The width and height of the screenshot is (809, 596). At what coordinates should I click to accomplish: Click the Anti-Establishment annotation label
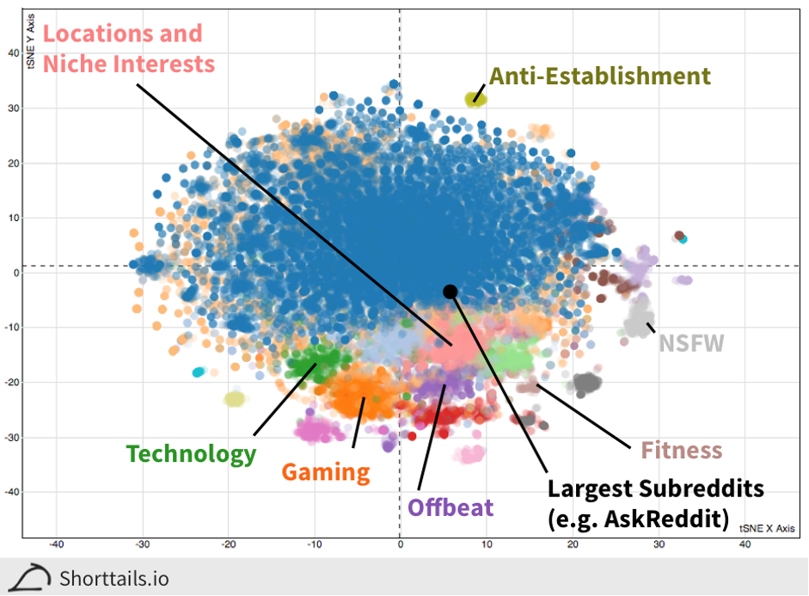coord(600,76)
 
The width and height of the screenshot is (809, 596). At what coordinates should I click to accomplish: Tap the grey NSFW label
coord(691,343)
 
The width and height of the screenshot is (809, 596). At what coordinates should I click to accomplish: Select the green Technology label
coord(191,453)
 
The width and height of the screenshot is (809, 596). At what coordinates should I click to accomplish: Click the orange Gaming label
coord(326,471)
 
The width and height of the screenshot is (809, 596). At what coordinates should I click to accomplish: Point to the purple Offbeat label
coord(450,507)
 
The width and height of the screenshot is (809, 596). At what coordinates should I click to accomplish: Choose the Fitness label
coord(682,450)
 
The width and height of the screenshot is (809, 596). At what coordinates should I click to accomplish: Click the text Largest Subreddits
coord(656,488)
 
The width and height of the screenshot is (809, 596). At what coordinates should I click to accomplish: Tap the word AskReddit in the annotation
coord(677,519)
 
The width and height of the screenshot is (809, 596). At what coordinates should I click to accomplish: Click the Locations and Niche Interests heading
coord(127,48)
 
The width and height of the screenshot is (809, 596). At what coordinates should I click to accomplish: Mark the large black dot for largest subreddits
coord(450,291)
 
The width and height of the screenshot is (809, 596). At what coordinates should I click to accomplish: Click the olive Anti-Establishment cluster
coord(475,99)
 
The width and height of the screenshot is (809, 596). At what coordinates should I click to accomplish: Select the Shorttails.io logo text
coord(114,578)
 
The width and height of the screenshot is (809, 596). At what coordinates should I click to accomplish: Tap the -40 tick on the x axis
coord(57,544)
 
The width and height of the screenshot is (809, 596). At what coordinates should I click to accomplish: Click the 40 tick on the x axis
coord(744,544)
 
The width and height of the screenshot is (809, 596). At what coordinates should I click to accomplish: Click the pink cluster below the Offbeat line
coord(471,453)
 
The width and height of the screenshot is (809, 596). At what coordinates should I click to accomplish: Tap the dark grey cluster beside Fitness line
coord(587,383)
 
